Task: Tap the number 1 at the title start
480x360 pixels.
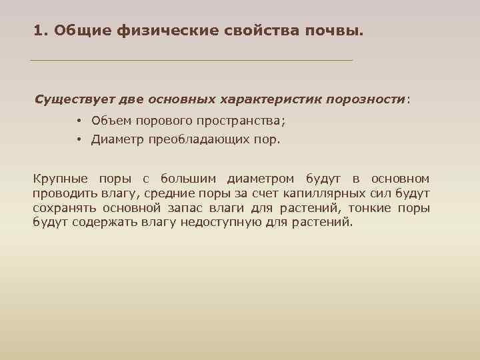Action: tap(38, 31)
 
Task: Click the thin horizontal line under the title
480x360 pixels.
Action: tap(191, 61)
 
